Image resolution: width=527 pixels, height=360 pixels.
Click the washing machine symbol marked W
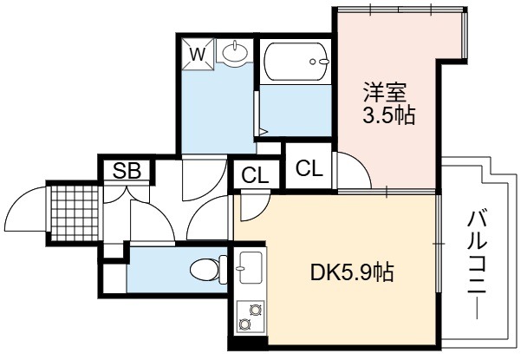(x=198, y=54)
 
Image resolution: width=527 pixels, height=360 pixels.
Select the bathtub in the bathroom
(x=296, y=62)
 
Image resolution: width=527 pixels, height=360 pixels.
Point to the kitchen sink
(x=250, y=267)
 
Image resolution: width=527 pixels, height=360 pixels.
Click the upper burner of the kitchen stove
(x=255, y=310)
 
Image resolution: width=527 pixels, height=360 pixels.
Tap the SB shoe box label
(x=127, y=170)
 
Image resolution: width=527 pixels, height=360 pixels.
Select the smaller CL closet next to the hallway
(x=256, y=175)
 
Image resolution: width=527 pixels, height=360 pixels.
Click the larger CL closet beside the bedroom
(x=309, y=167)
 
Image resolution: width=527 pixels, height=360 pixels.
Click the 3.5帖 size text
(x=388, y=115)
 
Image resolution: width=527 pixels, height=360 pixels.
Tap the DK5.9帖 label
(x=352, y=272)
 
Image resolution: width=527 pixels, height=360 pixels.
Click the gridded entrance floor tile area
(x=75, y=213)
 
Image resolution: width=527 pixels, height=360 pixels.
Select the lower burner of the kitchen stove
(x=244, y=324)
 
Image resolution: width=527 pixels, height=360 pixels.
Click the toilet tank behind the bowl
(x=223, y=269)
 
